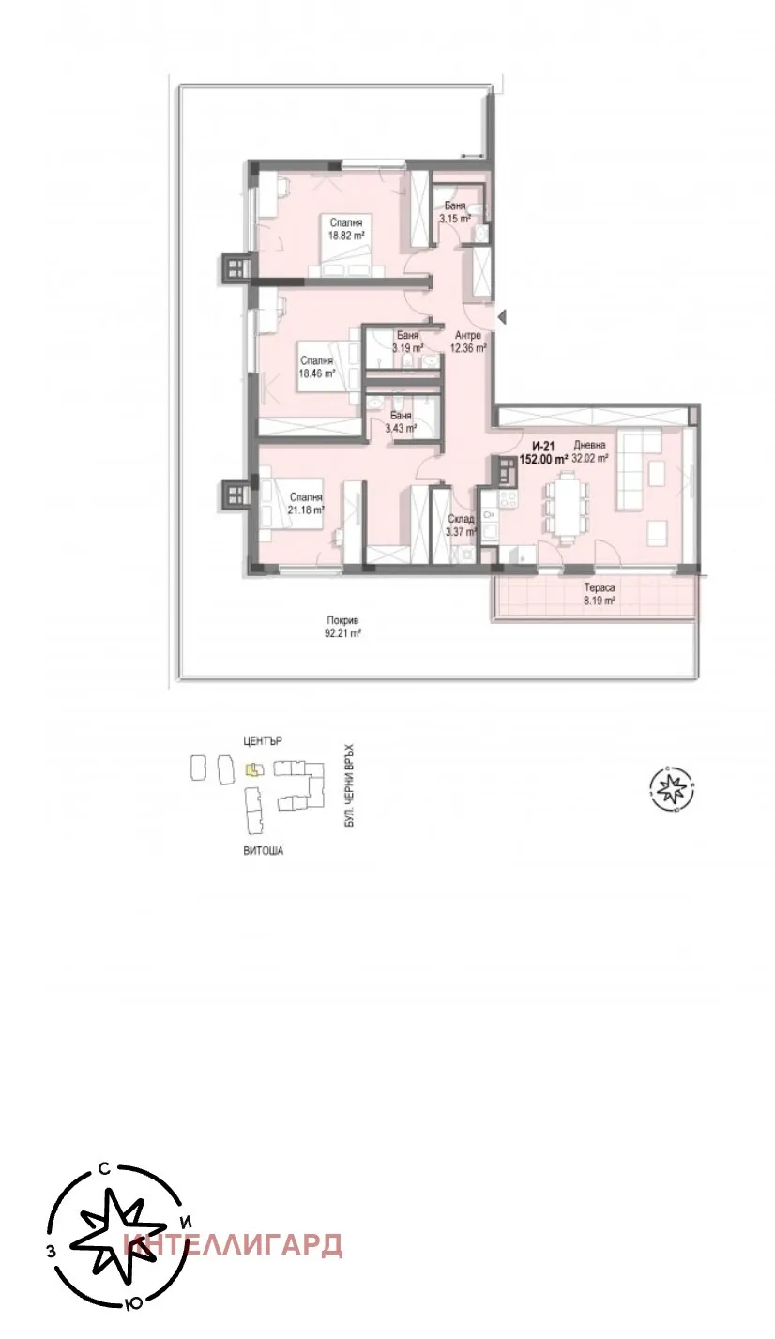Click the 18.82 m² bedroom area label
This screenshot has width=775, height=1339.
(344, 229)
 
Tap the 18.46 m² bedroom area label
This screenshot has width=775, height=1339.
(316, 366)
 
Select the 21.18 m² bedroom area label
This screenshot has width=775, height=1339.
(306, 503)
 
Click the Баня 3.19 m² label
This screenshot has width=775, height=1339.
(406, 342)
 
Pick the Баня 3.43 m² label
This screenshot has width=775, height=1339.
(401, 421)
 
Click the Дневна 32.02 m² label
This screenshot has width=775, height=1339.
(590, 452)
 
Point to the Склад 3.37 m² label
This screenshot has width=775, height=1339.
(461, 525)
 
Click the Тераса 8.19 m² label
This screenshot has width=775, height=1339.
(593, 594)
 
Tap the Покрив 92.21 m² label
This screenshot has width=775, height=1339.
(343, 627)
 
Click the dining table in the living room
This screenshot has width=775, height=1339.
(570, 508)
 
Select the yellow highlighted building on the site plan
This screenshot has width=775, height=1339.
(251, 769)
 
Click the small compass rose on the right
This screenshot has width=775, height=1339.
(672, 787)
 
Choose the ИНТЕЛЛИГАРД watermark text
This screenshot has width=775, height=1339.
(235, 1245)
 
